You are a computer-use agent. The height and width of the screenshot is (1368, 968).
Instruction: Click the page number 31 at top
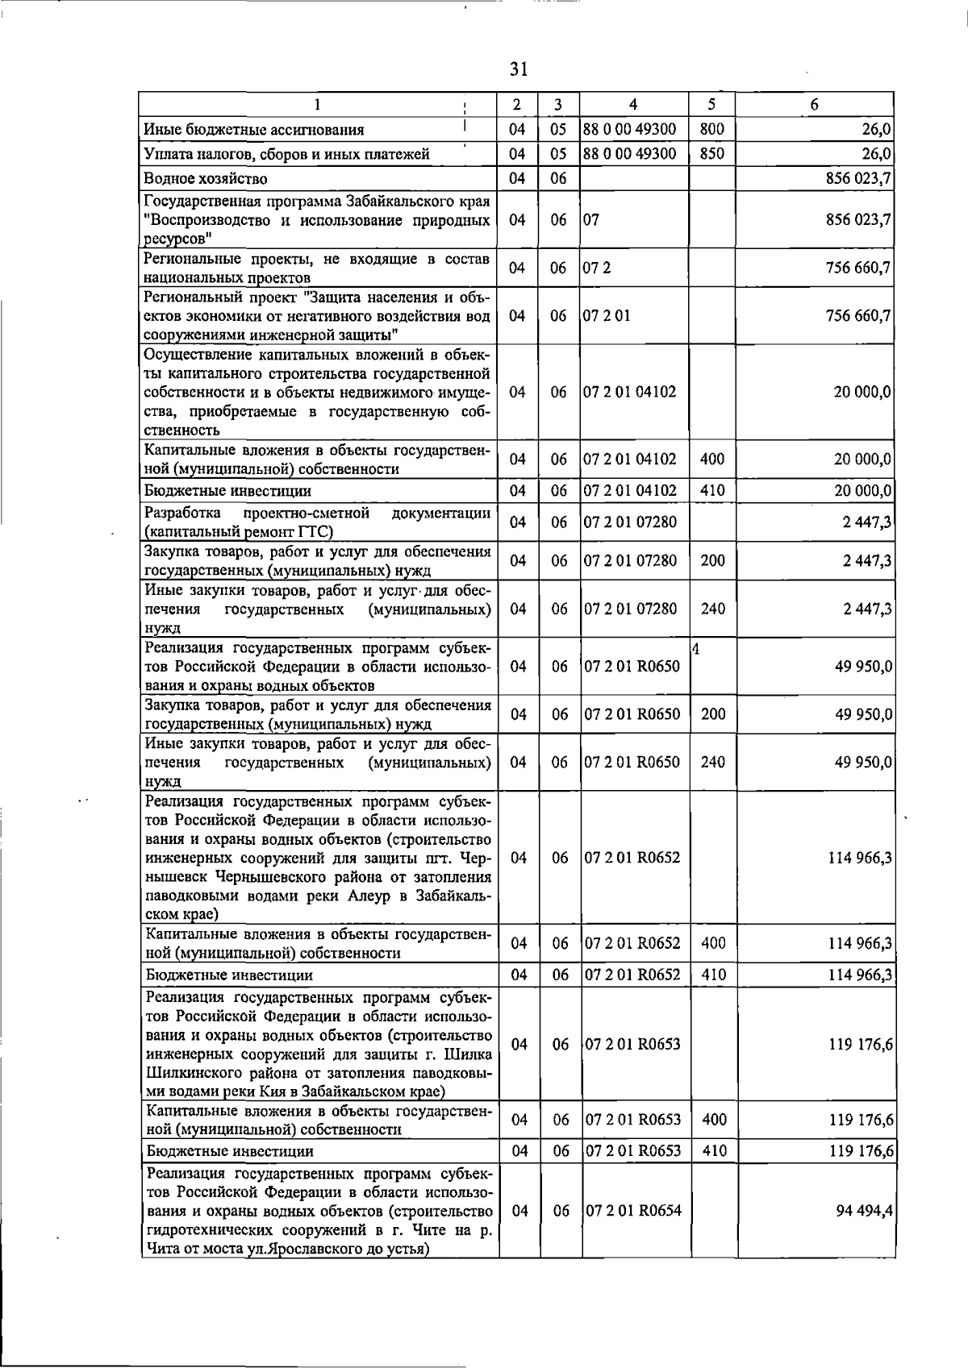(x=518, y=69)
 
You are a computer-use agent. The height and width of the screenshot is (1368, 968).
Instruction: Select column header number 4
(x=633, y=104)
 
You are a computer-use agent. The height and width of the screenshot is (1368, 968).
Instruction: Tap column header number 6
(x=815, y=104)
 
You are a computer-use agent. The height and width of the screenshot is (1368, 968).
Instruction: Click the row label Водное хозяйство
(x=206, y=178)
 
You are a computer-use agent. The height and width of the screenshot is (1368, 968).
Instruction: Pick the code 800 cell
(x=712, y=129)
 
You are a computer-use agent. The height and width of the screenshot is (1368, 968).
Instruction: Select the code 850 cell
(x=712, y=153)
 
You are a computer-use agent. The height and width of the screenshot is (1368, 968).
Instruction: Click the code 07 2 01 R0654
(x=633, y=1211)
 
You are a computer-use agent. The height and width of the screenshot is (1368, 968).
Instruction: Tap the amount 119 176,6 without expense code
(x=861, y=1044)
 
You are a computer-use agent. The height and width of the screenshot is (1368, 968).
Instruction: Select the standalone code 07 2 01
(x=607, y=315)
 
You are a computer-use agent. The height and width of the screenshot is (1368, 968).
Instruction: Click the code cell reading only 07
(x=591, y=219)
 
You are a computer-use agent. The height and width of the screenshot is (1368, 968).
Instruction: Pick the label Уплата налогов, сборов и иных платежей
(x=286, y=154)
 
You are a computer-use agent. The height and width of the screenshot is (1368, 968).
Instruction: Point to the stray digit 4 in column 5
(x=695, y=648)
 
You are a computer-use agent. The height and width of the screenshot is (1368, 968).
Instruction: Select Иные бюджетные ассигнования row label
(x=254, y=130)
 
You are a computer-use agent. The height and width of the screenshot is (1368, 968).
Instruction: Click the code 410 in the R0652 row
(x=714, y=975)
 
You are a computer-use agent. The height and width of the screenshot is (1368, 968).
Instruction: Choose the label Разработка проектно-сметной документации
(x=317, y=522)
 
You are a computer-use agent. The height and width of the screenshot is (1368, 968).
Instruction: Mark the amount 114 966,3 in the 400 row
(x=860, y=943)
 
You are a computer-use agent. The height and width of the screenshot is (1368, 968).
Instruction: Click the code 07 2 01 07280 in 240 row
(x=631, y=609)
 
